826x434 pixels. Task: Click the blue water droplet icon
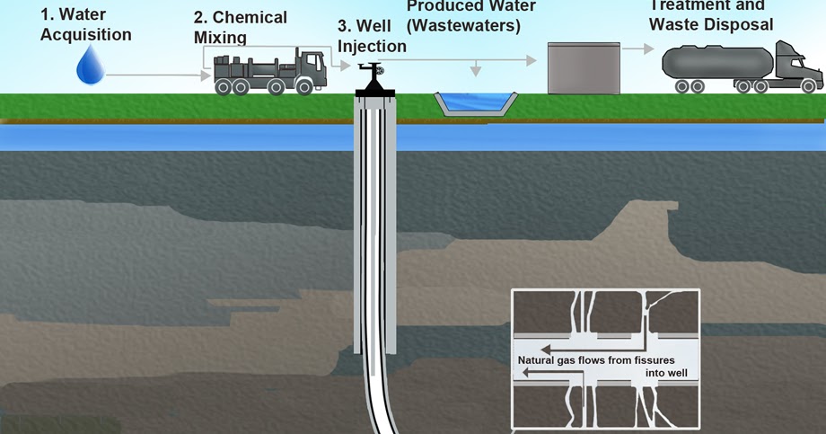point(90,66)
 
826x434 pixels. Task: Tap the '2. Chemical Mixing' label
point(241,27)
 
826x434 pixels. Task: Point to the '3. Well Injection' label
point(372,37)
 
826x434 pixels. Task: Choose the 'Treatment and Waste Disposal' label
point(714,14)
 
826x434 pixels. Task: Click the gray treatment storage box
point(584,68)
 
